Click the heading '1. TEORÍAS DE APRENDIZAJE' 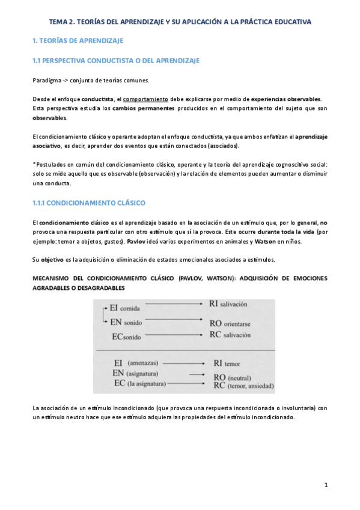78,41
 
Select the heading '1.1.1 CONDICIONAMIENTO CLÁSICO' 88,203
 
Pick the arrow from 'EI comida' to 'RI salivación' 174,305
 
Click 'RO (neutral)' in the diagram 234,375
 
